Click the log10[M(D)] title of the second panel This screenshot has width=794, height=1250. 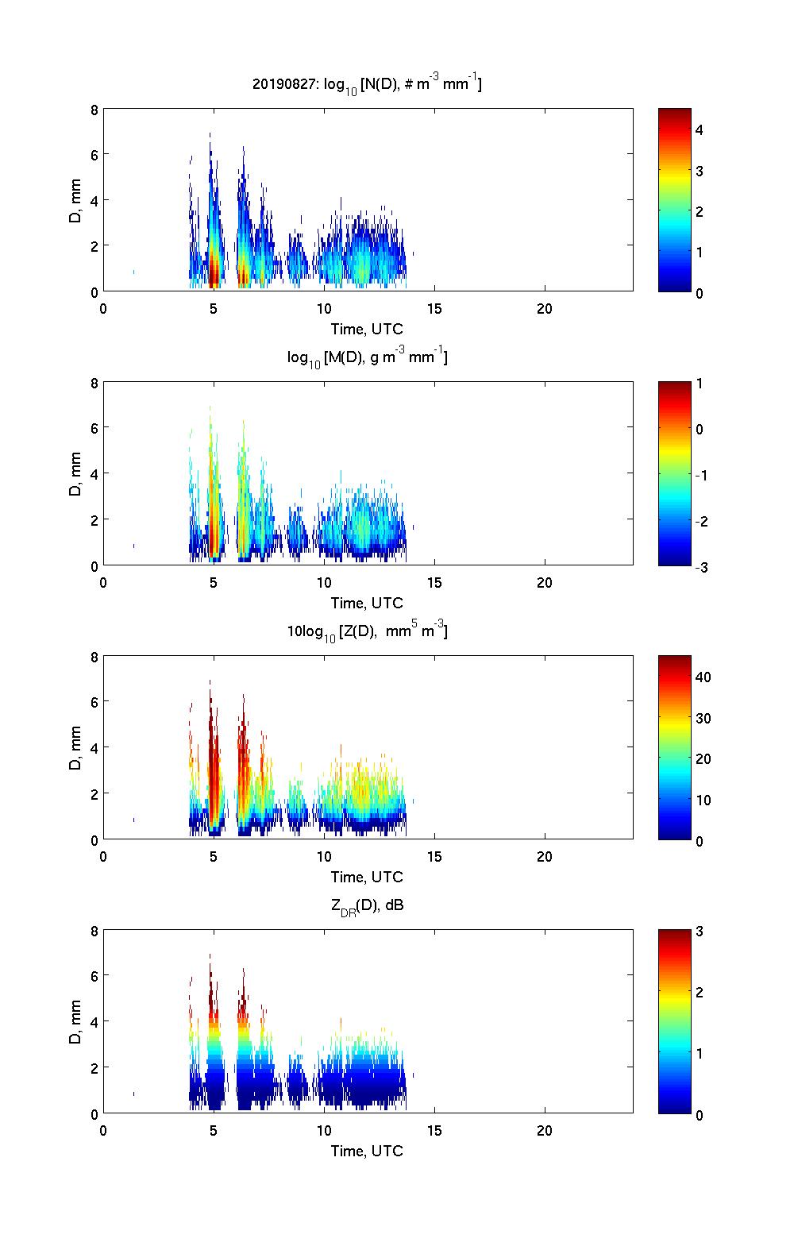coord(367,357)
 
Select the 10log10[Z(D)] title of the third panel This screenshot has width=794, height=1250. coord(367,631)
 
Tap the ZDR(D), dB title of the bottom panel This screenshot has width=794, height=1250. coord(367,905)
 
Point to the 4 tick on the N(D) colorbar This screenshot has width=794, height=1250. coord(700,129)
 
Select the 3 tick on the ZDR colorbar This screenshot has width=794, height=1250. coord(700,932)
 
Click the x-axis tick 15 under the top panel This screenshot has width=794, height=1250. coord(434,309)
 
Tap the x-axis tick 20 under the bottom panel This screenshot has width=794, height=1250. coord(545,1131)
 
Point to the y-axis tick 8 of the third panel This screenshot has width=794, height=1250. coord(93,658)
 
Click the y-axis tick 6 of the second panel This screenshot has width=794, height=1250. coord(93,428)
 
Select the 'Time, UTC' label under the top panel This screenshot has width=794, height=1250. coord(367,329)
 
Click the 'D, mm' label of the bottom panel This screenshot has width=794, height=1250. coord(75,1022)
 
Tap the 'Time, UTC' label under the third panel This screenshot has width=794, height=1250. coord(367,877)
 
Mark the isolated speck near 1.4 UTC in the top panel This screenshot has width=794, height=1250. coord(133,272)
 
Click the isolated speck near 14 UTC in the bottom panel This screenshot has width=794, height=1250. coord(413,1075)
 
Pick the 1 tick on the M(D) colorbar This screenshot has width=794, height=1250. coord(700,384)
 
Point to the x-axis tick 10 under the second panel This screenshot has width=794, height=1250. coord(324,583)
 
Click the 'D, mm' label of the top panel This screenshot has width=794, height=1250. coord(75,200)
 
